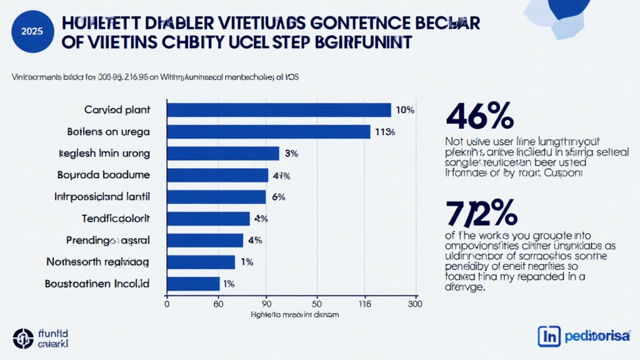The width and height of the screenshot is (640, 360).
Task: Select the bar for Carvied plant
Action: pos(279,110)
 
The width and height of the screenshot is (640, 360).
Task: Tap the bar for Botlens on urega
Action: pos(269,132)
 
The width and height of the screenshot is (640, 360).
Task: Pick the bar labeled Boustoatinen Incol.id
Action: pos(193,284)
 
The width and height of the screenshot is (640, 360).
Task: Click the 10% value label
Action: pos(405,111)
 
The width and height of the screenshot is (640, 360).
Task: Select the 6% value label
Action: pos(279,197)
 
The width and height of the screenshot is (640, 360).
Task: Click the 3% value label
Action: pos(291,154)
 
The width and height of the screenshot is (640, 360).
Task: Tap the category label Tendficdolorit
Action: pos(116,218)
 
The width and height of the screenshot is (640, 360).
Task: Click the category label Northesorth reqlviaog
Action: pos(97,261)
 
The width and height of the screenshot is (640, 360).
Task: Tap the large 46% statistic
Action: pos(480,116)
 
